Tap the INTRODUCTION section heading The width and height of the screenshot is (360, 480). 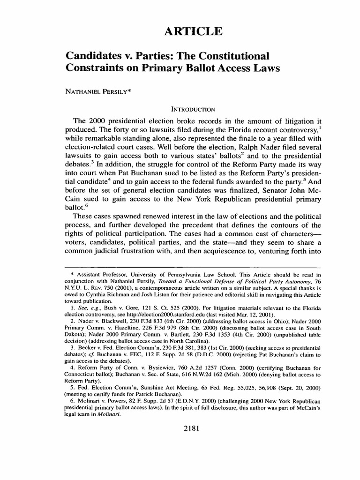(x=180, y=109)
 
